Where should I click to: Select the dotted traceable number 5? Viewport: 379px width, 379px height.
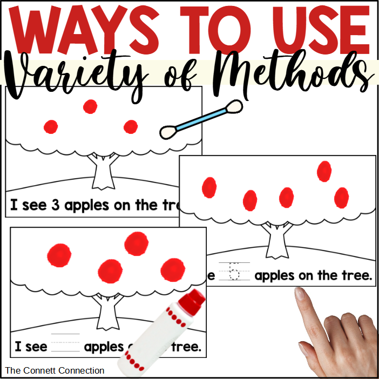tap(234, 271)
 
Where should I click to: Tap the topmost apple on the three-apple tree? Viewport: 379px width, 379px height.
tap(90, 106)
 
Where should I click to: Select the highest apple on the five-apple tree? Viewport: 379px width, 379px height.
tap(324, 171)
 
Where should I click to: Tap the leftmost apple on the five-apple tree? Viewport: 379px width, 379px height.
tap(209, 188)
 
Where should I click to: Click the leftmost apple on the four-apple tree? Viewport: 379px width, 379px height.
tap(59, 255)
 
